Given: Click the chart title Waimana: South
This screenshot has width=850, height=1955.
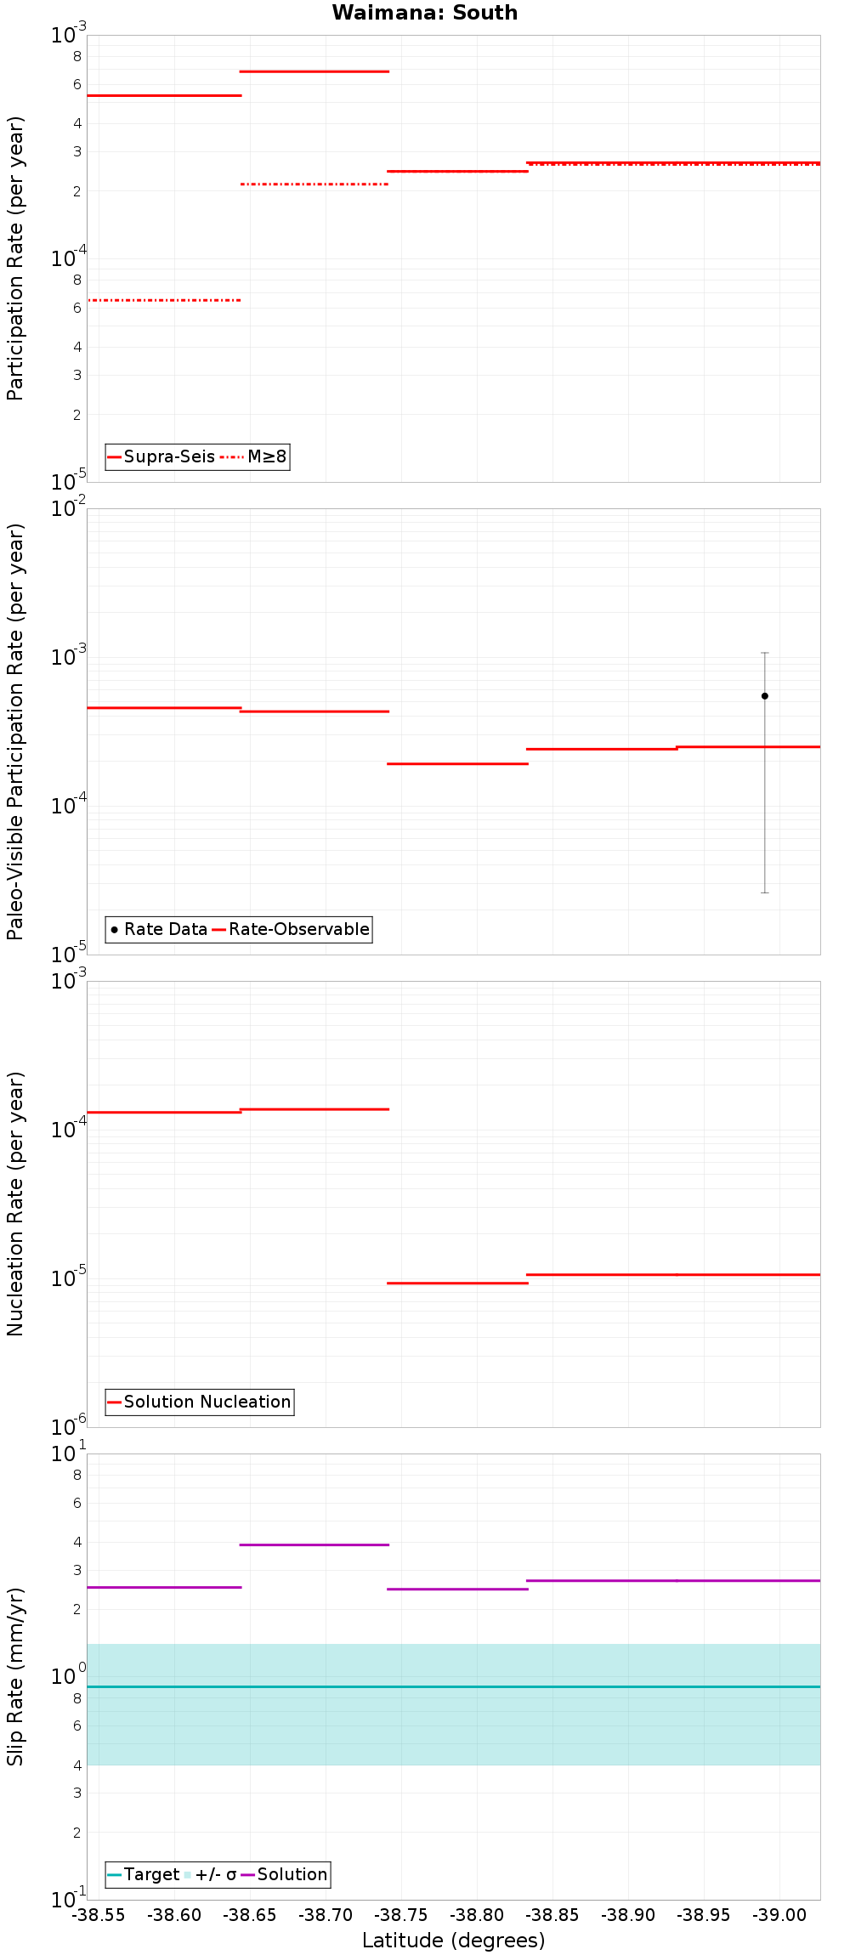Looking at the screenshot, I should click(x=424, y=13).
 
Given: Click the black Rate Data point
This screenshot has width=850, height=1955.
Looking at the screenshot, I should click(x=764, y=696).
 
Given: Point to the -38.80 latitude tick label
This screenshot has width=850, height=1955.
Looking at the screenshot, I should click(x=477, y=1915).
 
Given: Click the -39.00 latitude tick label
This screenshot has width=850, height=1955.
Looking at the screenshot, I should click(x=779, y=1915).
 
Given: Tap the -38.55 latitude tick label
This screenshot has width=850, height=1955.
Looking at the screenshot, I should click(x=99, y=1915).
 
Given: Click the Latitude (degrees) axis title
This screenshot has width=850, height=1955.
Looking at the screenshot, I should click(x=453, y=1941).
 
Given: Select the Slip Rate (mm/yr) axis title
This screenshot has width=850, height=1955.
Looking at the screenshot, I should click(x=15, y=1676).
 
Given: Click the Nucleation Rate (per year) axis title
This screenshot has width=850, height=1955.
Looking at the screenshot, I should click(x=15, y=1204).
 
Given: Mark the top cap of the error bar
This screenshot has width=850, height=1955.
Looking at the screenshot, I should click(x=764, y=653).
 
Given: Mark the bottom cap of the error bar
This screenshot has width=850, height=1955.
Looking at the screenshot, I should click(x=764, y=892).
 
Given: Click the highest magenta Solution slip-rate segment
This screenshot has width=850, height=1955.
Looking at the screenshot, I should click(x=314, y=1544).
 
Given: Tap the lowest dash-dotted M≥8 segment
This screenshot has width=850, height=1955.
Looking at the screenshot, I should click(x=164, y=300).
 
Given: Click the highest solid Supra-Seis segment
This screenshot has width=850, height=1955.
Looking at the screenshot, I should click(x=314, y=71).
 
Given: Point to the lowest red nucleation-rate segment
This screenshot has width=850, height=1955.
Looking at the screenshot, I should click(x=457, y=1283).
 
